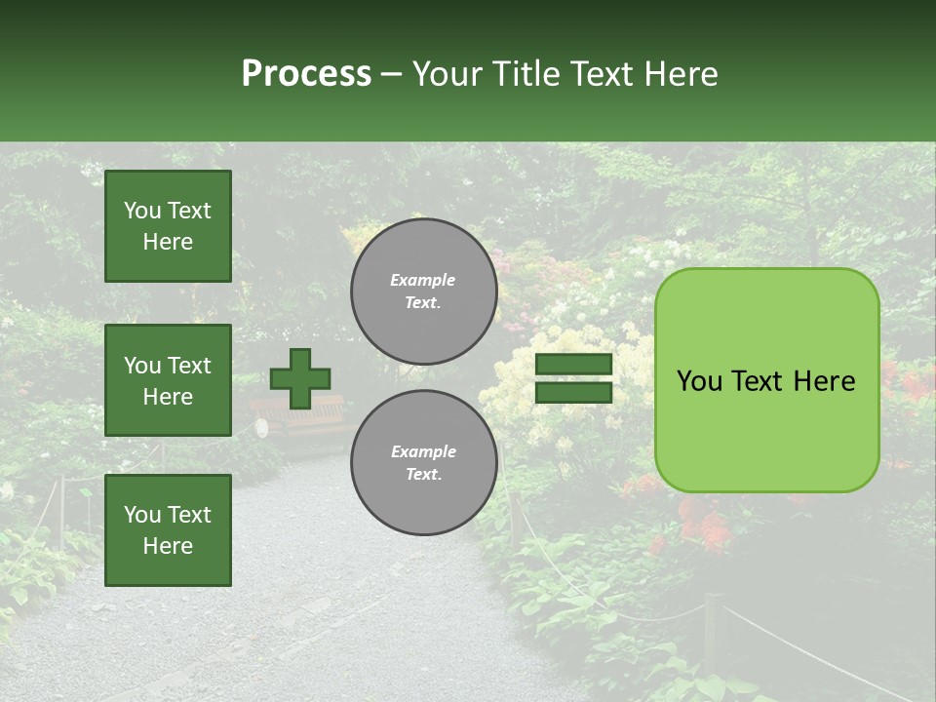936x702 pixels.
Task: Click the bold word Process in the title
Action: pyautogui.click(x=306, y=74)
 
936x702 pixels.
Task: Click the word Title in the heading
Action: pyautogui.click(x=524, y=74)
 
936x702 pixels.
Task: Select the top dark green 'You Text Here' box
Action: pyautogui.click(x=168, y=226)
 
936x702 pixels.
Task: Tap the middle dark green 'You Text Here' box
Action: pyautogui.click(x=168, y=380)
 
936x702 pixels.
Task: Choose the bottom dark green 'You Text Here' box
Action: pyautogui.click(x=168, y=530)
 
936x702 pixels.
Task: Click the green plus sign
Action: pyautogui.click(x=300, y=379)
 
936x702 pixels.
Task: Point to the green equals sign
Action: pyautogui.click(x=573, y=379)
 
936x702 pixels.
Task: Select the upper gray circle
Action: pyautogui.click(x=424, y=292)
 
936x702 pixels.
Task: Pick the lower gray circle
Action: pyautogui.click(x=424, y=463)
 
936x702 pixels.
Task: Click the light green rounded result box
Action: pyautogui.click(x=766, y=380)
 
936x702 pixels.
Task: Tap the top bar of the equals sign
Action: pyautogui.click(x=573, y=365)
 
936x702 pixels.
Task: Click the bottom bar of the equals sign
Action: pyautogui.click(x=573, y=393)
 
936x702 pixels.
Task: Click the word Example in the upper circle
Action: pyautogui.click(x=423, y=280)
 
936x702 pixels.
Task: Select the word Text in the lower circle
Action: pyautogui.click(x=423, y=475)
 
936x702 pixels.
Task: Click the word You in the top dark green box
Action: pyautogui.click(x=142, y=211)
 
